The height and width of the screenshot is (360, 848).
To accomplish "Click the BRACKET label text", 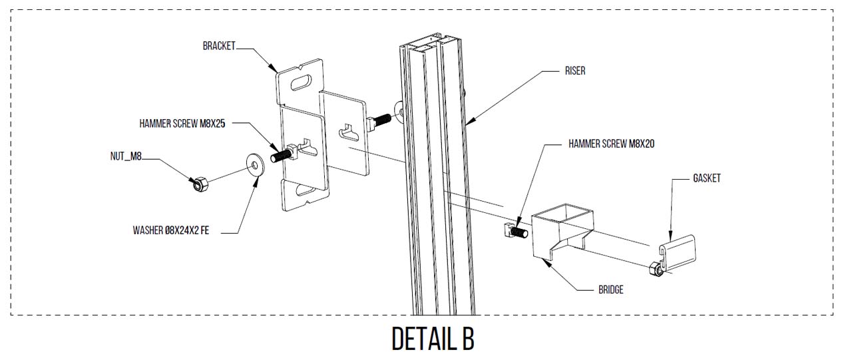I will (219, 46).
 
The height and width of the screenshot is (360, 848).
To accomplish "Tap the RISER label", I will (573, 71).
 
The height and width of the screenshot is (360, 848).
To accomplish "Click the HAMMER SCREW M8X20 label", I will (611, 144).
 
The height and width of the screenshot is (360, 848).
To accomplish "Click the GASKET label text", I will (706, 178).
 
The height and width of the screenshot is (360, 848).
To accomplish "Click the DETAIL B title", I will (433, 339).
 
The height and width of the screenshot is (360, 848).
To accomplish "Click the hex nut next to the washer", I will (198, 182).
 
